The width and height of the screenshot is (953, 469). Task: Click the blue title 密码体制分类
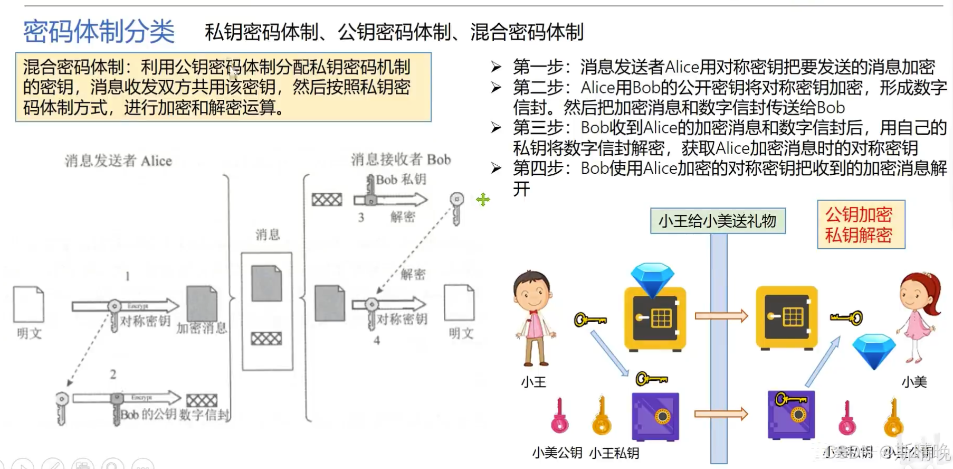coord(99,32)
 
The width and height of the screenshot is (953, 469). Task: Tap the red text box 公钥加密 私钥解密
coord(860,224)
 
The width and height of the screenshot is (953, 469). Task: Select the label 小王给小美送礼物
coord(718,221)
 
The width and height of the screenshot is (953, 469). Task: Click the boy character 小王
coord(534,317)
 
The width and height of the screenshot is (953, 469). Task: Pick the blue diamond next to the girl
coord(874,350)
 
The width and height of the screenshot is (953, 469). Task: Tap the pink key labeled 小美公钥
coord(559,417)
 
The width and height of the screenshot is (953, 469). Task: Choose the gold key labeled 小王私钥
coord(601,417)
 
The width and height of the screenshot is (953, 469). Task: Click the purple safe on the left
coord(655,417)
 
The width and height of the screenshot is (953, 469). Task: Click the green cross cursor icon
coord(483,200)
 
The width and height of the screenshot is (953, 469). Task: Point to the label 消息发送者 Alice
coord(118,161)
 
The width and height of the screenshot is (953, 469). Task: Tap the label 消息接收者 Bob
coord(401,159)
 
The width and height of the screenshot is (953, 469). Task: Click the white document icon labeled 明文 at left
coord(28,304)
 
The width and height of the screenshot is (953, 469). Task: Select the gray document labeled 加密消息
coord(202,304)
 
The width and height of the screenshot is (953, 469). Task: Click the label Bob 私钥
coord(401,180)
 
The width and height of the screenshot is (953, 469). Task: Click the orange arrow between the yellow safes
coord(721,316)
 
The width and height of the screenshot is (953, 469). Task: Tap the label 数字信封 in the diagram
coord(205,415)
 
